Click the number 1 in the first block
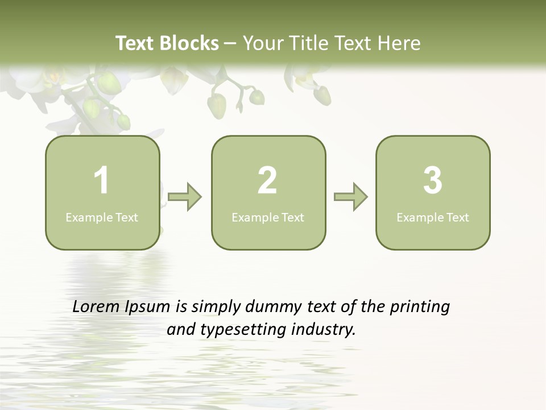coord(102,181)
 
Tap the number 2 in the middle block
coord(267,181)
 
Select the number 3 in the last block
coord(433,181)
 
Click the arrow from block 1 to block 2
coord(185,197)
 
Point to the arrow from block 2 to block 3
coord(351,197)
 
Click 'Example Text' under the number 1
coord(102,218)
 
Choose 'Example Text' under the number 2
coord(268,218)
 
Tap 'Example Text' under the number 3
coord(433,218)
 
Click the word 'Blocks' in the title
coord(189,43)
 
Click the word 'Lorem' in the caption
coord(96,307)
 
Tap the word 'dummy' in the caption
coord(272,307)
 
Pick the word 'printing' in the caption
coord(420,307)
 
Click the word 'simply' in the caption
coord(216,307)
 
